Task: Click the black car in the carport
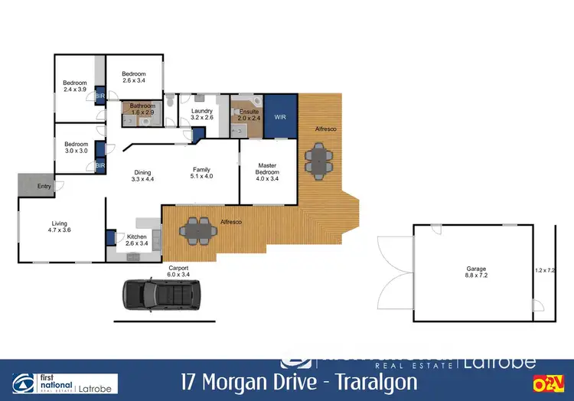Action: (x=161, y=294)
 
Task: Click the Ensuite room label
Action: (x=249, y=115)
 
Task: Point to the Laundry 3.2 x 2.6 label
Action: (x=201, y=115)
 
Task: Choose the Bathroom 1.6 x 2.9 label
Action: (x=142, y=109)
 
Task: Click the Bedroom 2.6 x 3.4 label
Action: (x=133, y=77)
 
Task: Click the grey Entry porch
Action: (x=36, y=186)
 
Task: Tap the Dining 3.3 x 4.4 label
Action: (x=143, y=175)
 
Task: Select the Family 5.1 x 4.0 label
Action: (x=201, y=172)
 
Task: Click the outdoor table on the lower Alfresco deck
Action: (x=197, y=227)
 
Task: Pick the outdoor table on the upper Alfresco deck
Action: (x=319, y=160)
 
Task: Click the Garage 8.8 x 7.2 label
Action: (x=476, y=272)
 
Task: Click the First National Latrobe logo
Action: (x=65, y=383)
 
